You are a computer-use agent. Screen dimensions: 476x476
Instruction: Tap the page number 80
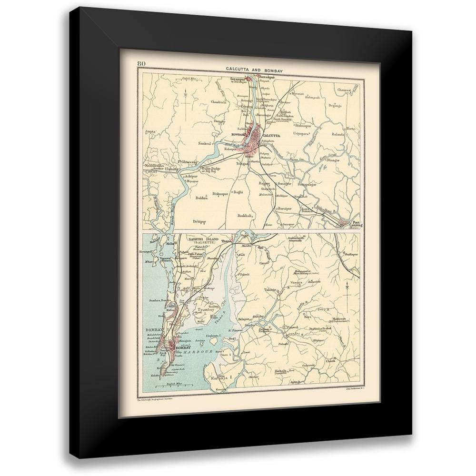(141, 64)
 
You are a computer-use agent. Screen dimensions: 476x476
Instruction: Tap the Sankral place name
(206, 142)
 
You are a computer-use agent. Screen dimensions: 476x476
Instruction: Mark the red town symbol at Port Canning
(343, 221)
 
